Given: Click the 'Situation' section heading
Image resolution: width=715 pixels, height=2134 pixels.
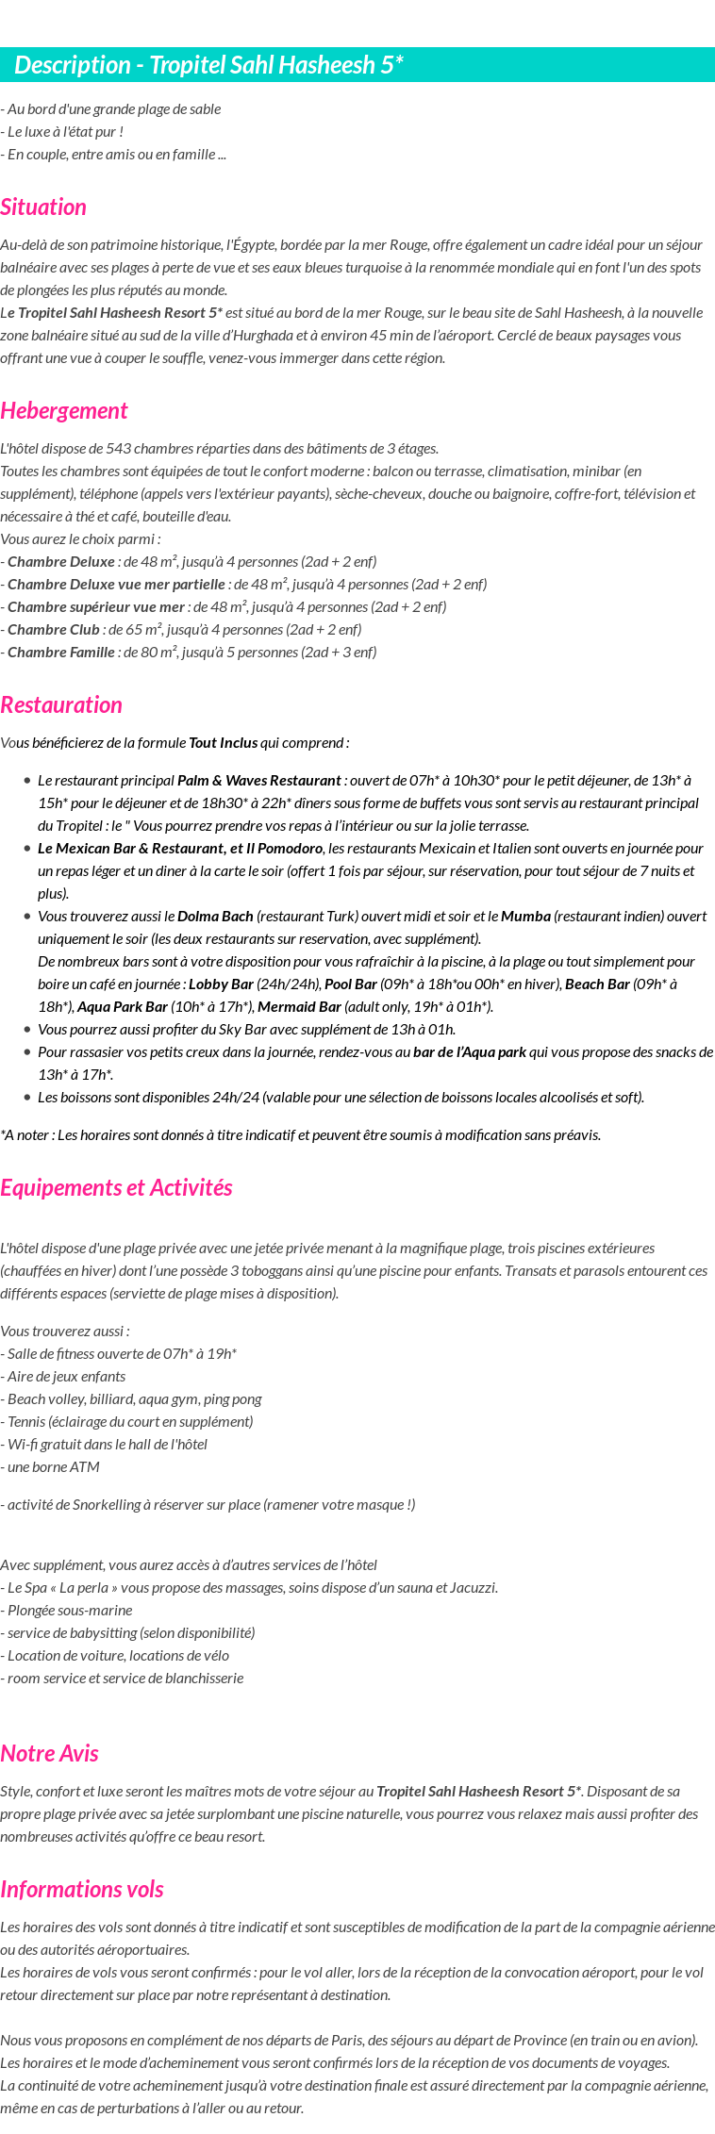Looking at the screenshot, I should [43, 207].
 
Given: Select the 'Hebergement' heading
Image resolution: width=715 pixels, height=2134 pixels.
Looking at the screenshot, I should [63, 411].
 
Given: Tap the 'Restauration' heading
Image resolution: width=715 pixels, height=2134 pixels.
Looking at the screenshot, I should [61, 705].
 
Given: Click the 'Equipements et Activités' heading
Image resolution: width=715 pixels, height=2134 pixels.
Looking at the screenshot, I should [116, 1188].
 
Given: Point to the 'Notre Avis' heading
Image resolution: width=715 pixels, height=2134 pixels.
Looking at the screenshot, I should [49, 1754].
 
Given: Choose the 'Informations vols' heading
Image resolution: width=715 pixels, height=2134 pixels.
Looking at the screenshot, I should [82, 1890].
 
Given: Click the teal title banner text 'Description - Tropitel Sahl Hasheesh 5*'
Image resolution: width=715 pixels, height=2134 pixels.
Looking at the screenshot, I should [208, 65].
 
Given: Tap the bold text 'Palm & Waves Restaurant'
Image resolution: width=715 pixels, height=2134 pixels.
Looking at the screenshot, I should [258, 781].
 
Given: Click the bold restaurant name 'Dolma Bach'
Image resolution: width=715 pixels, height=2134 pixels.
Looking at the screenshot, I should [215, 917].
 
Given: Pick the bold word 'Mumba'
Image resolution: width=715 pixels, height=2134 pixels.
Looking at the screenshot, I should [525, 917].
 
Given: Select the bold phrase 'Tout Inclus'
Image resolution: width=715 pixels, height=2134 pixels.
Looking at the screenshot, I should [223, 743].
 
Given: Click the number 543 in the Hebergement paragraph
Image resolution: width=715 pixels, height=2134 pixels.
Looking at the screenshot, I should [118, 449].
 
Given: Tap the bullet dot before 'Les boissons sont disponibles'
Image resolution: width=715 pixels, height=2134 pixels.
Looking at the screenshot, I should [28, 1098].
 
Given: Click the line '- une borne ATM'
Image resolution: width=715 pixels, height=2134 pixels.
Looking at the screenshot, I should [50, 1467].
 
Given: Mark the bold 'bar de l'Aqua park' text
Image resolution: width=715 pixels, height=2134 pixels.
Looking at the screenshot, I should [470, 1052].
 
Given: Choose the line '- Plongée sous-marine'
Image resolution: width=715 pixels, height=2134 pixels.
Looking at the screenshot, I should [66, 1611].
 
